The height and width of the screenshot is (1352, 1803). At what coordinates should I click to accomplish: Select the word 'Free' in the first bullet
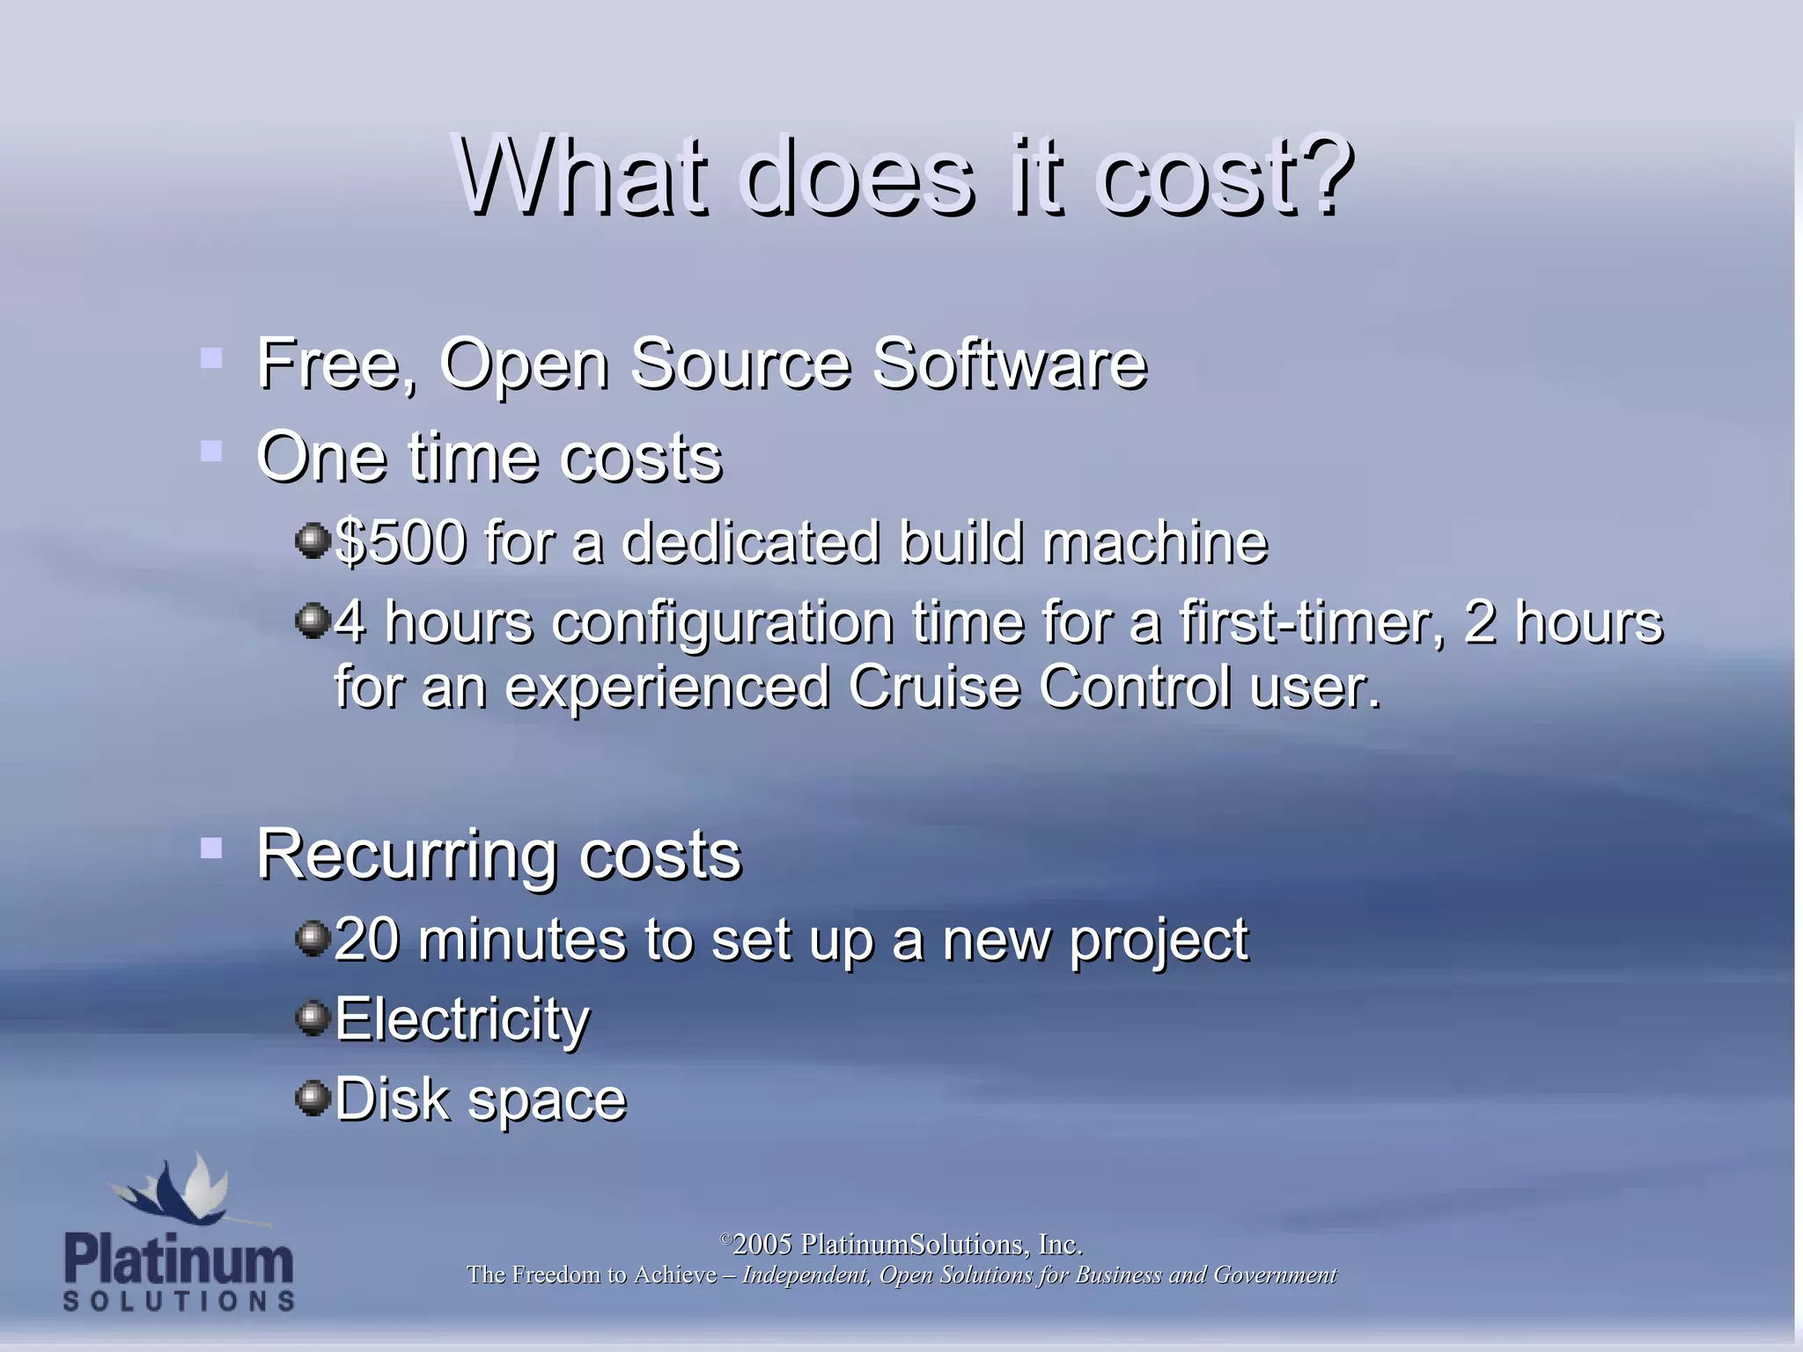[x=333, y=364]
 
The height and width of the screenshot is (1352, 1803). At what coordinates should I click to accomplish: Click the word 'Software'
[x=1010, y=364]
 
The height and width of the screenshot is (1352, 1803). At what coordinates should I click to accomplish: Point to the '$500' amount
[x=401, y=541]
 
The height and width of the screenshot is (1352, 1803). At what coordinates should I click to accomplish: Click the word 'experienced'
[x=667, y=688]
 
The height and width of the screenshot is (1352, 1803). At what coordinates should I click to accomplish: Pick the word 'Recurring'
[x=406, y=856]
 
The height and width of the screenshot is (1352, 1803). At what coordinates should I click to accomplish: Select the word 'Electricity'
[x=462, y=1019]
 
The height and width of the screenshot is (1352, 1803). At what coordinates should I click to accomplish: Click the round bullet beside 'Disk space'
[x=312, y=1098]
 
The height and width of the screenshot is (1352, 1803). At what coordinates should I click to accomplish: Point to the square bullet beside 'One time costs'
[x=211, y=452]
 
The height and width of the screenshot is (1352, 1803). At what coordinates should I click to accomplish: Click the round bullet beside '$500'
[x=312, y=540]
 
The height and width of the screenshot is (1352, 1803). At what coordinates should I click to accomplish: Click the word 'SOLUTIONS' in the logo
[x=179, y=1301]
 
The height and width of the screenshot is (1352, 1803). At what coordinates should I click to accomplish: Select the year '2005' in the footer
[x=762, y=1245]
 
